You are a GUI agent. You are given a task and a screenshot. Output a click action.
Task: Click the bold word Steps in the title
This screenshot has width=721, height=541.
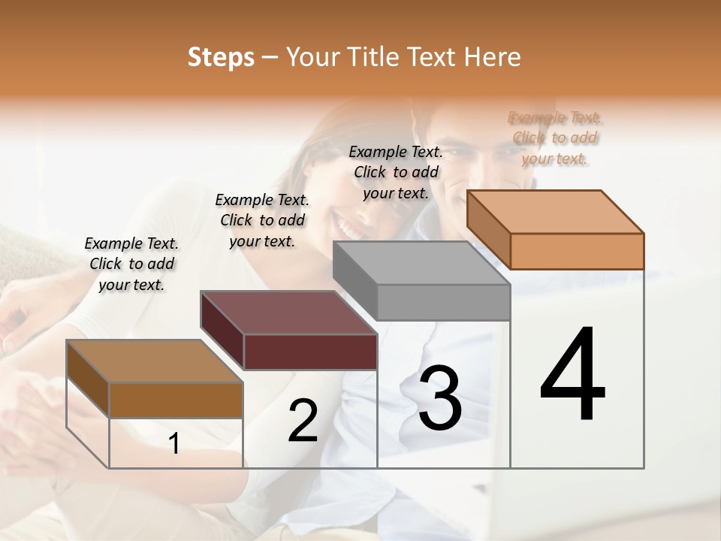click(x=221, y=57)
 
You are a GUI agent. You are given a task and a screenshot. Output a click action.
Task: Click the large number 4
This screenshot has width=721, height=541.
click(x=573, y=375)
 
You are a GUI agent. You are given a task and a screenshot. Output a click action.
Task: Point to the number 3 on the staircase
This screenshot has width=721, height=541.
click(x=440, y=398)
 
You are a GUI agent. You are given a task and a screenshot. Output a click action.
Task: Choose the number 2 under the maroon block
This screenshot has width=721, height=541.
click(x=303, y=421)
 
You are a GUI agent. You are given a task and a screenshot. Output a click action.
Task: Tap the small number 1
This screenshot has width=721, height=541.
click(x=174, y=444)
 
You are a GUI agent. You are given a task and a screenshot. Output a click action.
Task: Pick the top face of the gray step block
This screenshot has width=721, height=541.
click(x=421, y=263)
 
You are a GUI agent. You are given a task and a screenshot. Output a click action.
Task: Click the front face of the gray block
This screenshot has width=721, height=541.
click(x=443, y=302)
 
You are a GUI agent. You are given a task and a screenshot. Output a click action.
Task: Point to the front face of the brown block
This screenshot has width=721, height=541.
click(x=176, y=400)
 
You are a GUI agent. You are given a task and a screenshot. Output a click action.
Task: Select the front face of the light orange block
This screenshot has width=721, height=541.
click(x=577, y=251)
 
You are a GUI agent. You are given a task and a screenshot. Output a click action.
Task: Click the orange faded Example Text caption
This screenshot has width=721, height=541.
click(x=555, y=138)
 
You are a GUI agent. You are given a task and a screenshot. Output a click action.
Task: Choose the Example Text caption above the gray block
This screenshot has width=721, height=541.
click(x=396, y=172)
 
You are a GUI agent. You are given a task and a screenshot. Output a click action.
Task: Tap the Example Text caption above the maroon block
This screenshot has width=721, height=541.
click(x=262, y=220)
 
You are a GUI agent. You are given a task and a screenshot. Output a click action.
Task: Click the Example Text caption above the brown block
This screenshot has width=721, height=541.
click(x=131, y=264)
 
